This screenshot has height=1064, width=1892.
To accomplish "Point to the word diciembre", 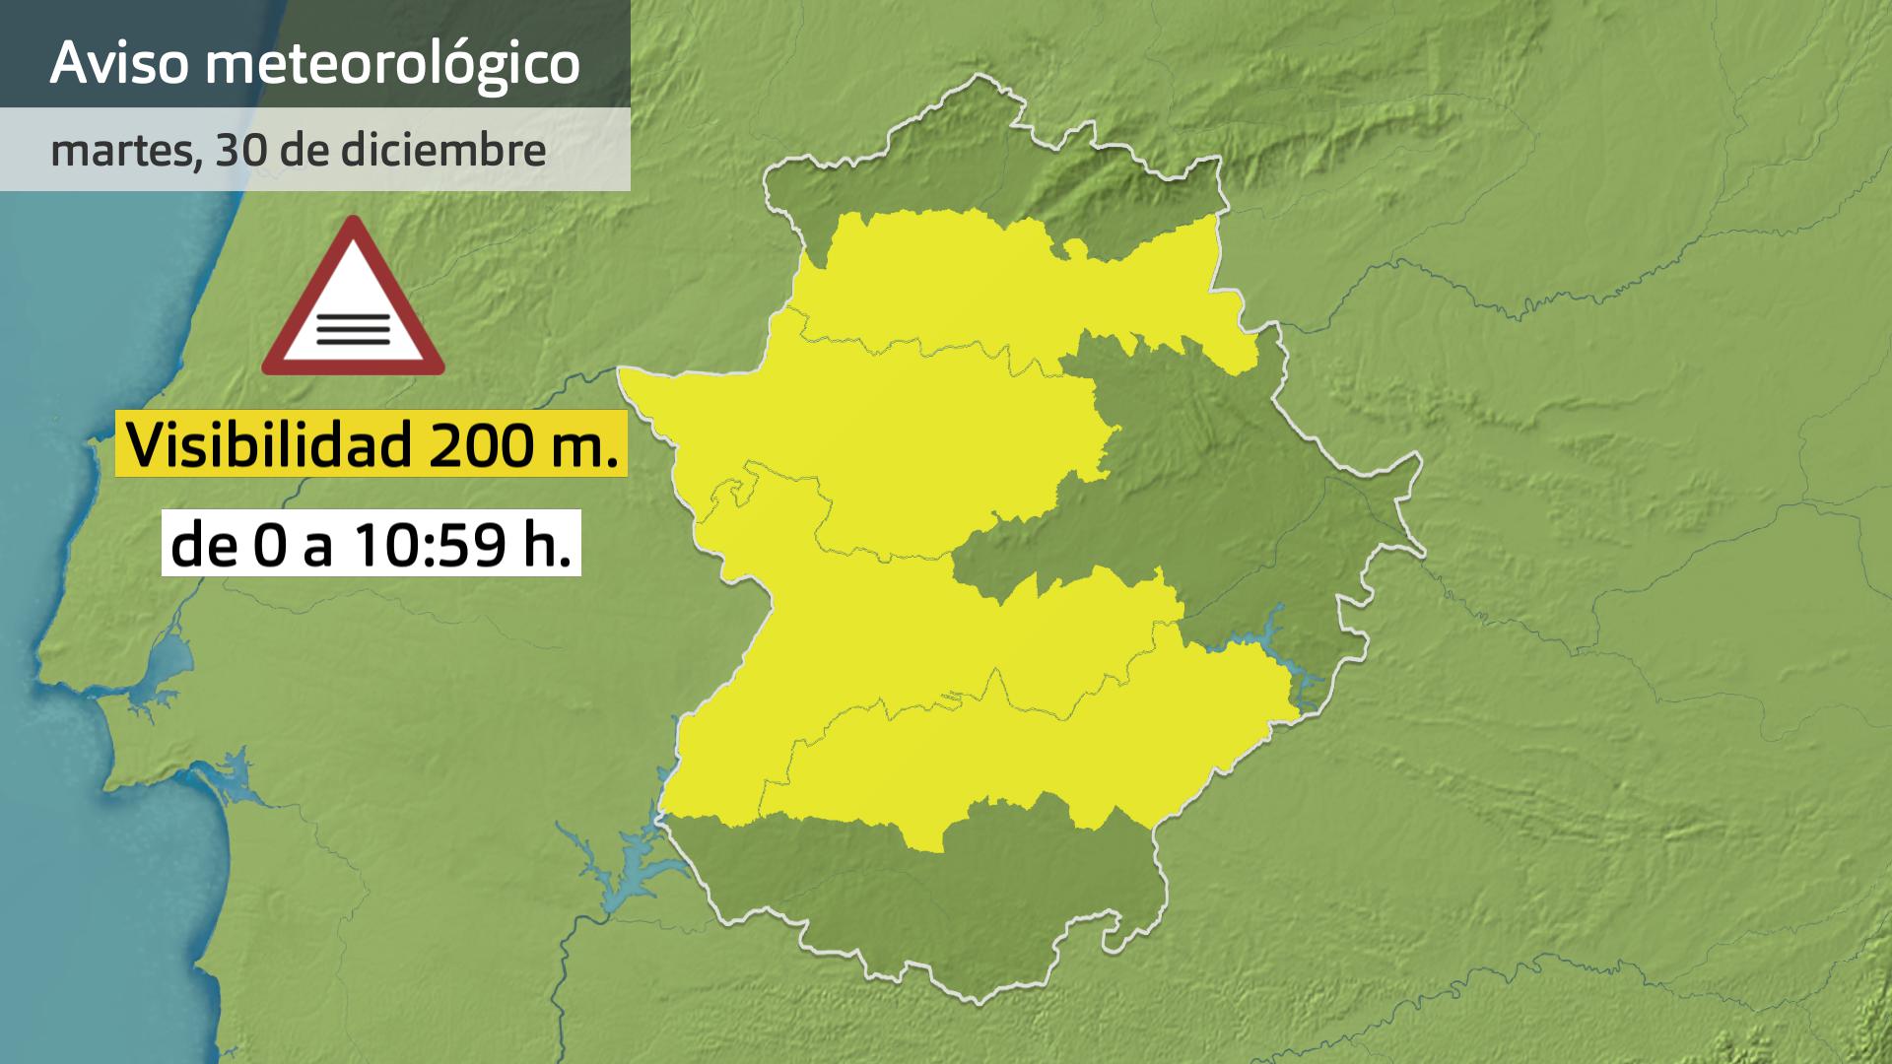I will tap(443, 150).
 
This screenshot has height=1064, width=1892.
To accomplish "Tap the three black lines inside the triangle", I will tap(353, 327).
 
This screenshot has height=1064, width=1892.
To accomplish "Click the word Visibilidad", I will tap(269, 444).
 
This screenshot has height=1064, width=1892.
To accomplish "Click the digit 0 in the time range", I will tap(266, 545).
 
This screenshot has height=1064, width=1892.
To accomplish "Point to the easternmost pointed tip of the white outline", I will tap(1422, 552).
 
